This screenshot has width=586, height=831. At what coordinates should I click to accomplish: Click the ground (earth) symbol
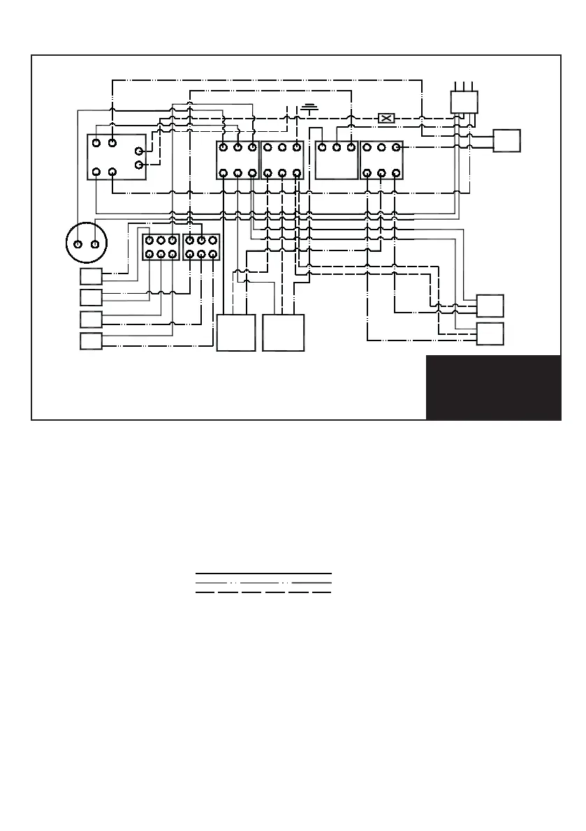coord(309,109)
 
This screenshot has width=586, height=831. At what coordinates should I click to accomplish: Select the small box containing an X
coord(386,118)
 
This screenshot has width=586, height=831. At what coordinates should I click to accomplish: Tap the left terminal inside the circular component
coord(78,244)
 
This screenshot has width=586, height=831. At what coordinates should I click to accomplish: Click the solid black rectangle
coord(493,387)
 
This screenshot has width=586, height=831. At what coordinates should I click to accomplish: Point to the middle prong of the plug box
coord(464,85)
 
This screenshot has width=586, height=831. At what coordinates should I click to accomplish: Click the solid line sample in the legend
coord(263,574)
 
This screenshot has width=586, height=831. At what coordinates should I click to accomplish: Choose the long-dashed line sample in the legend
coord(263,592)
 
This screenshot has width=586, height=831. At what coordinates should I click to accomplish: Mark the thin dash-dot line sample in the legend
coord(263,582)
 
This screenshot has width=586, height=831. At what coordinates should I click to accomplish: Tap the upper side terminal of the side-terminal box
coord(138,151)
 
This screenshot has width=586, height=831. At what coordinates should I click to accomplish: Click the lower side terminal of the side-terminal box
coord(138,165)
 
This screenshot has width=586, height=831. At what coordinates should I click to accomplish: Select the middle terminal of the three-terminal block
coord(337,147)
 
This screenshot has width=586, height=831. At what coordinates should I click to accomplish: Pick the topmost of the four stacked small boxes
coord(91,276)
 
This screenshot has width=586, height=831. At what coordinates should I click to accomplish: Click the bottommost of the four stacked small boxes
coord(91,342)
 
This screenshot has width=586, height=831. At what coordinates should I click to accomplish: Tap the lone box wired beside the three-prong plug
coord(507,140)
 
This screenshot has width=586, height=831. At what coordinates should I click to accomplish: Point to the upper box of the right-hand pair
coord(490,306)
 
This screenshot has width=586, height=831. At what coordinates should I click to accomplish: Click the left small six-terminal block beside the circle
coord(161,247)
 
